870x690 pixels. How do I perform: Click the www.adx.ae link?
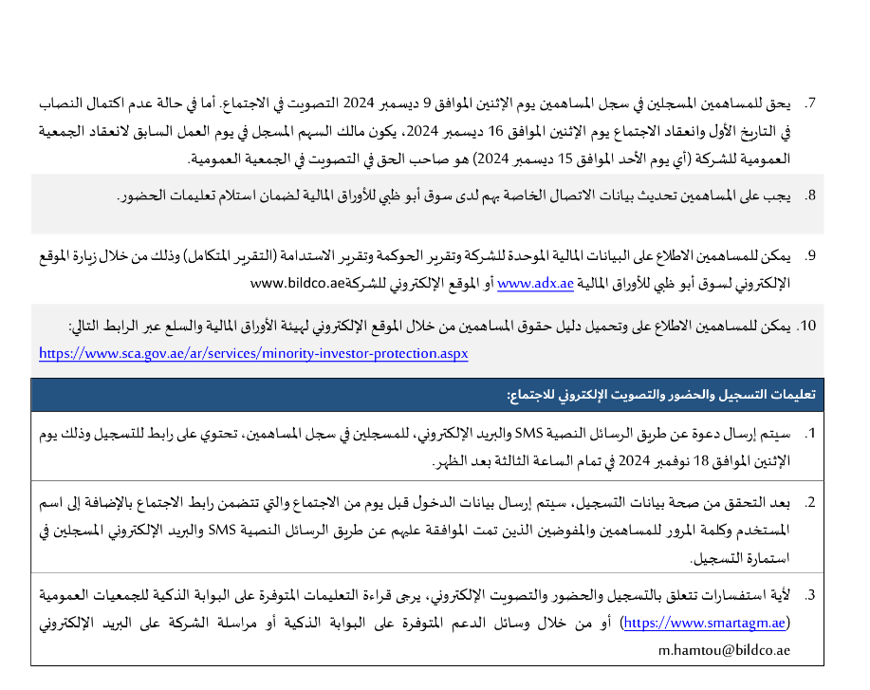(x=535, y=283)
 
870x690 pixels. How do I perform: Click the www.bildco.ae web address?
(x=297, y=283)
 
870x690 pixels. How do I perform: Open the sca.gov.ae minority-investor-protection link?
(x=253, y=352)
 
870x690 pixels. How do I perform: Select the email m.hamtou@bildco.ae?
(x=723, y=651)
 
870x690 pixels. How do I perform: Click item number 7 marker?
(x=810, y=102)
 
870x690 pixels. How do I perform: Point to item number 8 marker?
(x=810, y=196)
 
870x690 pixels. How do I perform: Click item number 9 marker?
(x=810, y=256)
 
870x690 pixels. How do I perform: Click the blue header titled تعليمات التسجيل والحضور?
(x=426, y=394)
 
